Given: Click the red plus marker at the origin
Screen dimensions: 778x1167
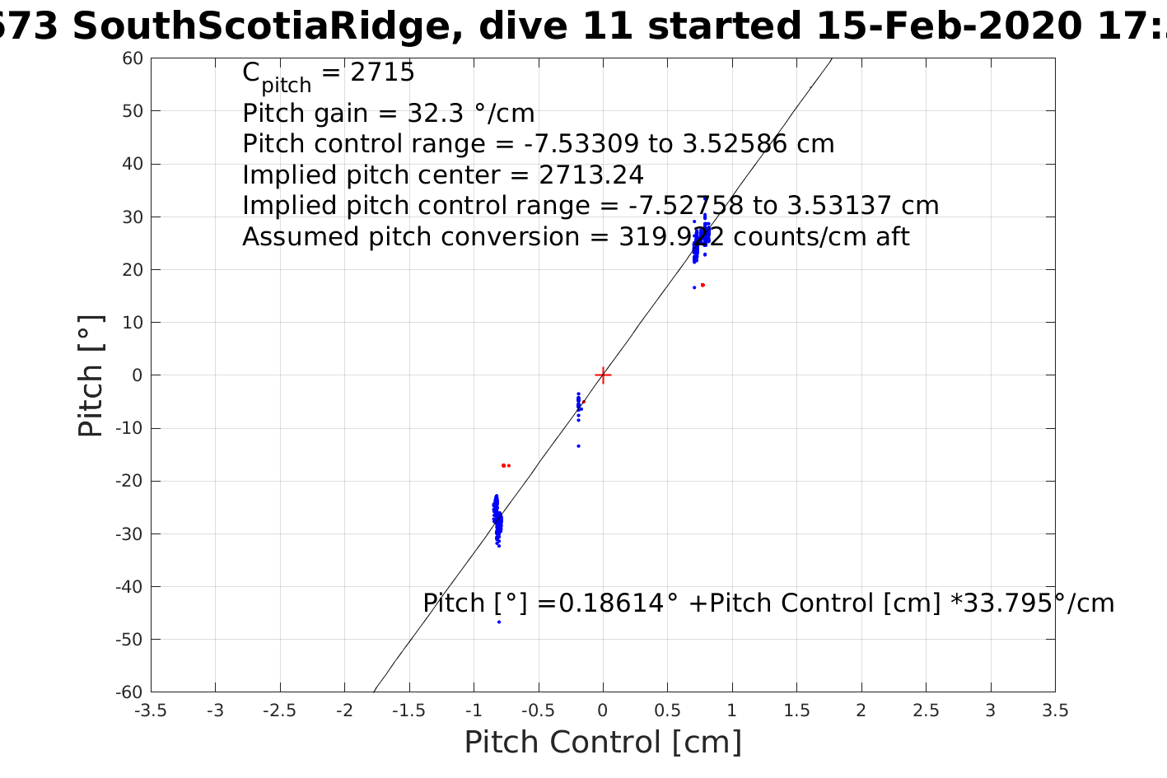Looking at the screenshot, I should coord(603,375).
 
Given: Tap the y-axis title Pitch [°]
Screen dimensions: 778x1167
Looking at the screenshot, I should coord(91,375).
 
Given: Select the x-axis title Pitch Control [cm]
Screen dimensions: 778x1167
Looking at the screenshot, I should coord(603,742).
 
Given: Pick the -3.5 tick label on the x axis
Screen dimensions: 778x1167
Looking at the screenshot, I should coord(150,710).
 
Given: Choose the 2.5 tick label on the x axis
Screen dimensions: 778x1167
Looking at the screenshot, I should coord(926,710).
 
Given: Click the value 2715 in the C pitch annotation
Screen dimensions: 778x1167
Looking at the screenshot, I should coord(382,72).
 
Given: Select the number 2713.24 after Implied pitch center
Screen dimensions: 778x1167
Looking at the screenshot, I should coord(591,175).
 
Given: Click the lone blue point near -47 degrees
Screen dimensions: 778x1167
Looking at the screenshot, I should coord(499,622).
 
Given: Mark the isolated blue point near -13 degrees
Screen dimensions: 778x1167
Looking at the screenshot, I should coord(578,446).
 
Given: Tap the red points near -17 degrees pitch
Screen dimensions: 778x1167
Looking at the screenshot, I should coord(505,466).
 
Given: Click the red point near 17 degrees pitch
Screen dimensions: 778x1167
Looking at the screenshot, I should coord(702,285).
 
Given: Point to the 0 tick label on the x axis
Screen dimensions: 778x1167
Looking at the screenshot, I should coord(603,710).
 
